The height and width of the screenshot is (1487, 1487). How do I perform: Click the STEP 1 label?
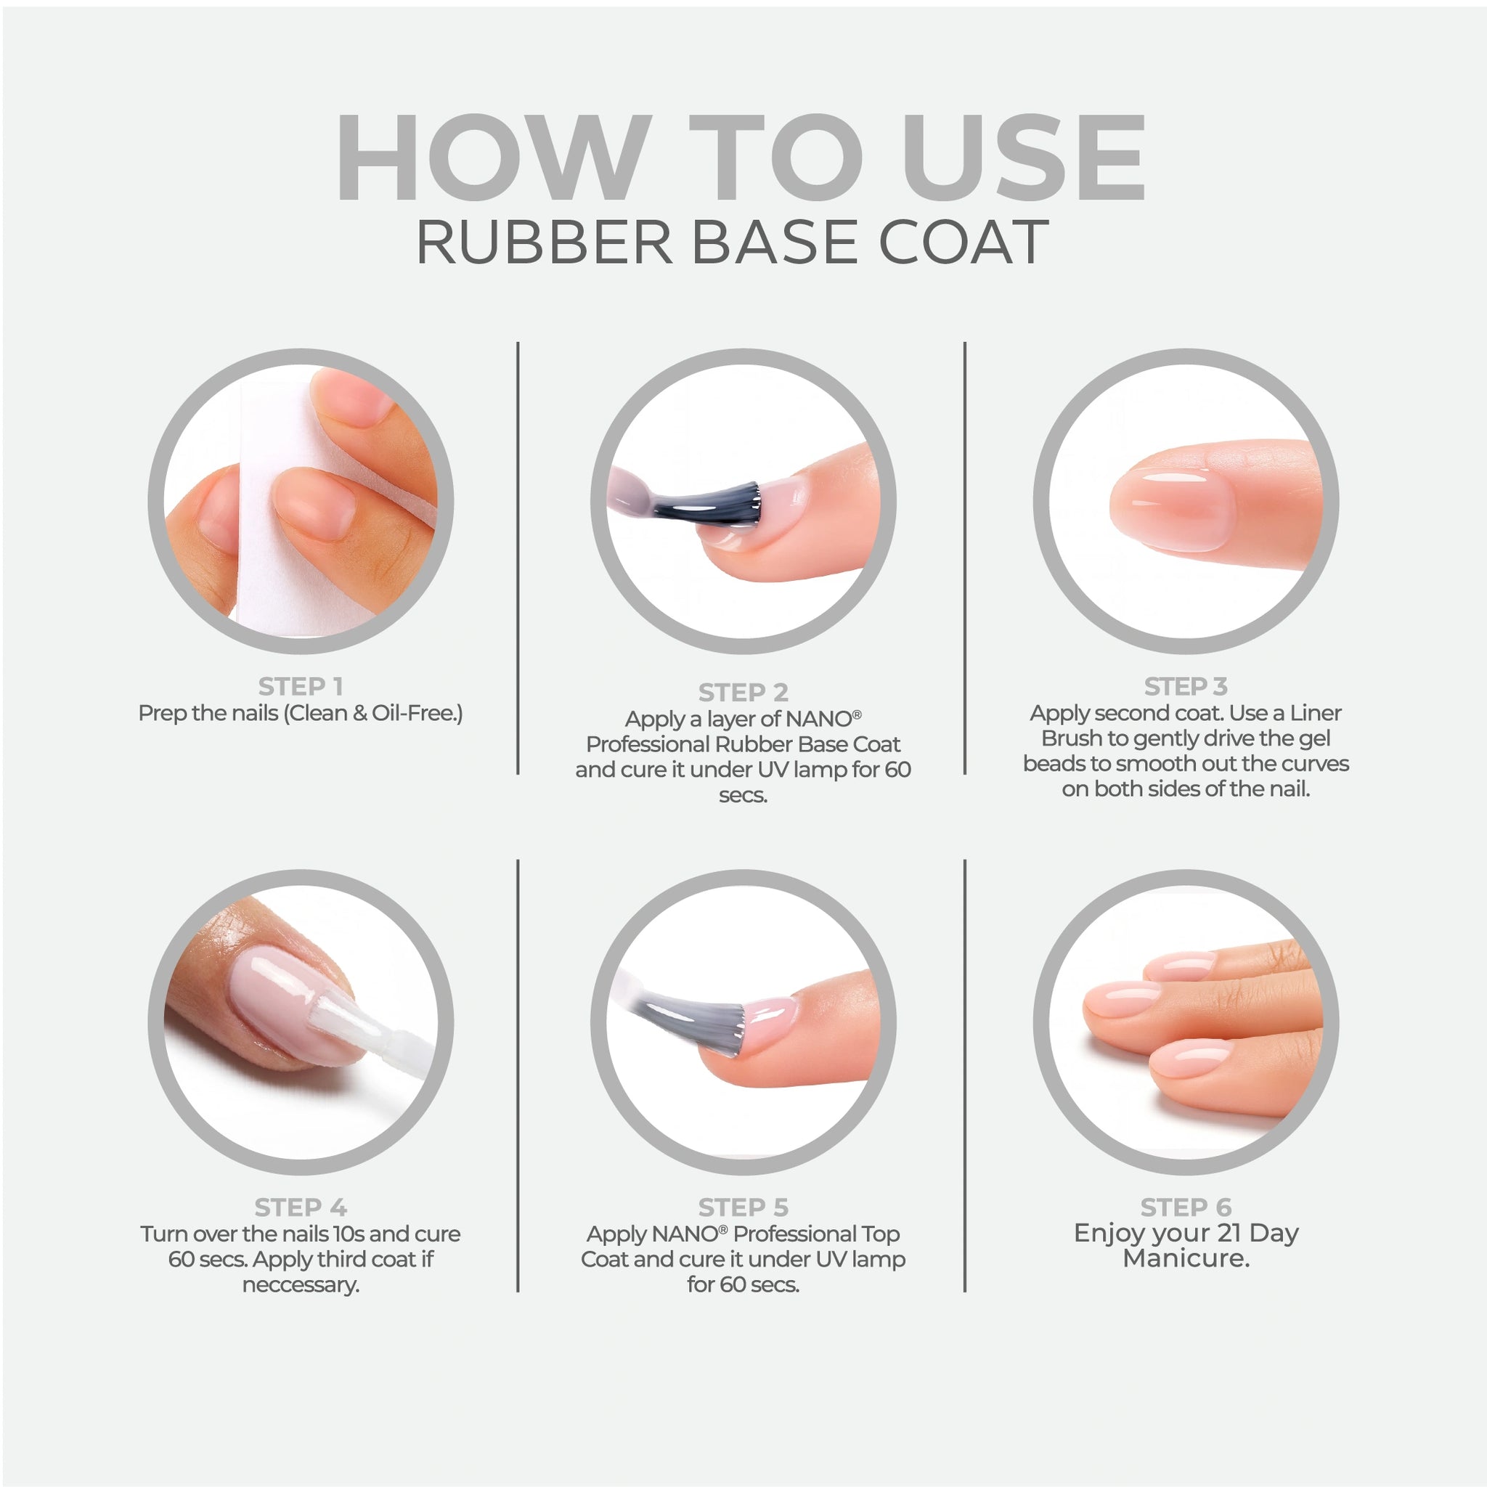pos(300,685)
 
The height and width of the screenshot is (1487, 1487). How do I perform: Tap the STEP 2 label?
pos(743,692)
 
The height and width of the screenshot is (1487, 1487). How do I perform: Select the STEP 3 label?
pos(1185,685)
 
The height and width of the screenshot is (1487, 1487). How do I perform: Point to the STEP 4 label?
pos(300,1207)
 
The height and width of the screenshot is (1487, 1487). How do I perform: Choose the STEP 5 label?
pos(743,1207)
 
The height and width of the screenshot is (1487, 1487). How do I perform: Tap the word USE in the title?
pos(1024,158)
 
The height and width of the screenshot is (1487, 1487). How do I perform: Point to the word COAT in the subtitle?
pos(964,242)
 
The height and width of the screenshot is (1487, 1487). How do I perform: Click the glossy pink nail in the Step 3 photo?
pos(1171,510)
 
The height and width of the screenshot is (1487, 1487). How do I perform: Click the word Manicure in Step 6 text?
pos(1185,1258)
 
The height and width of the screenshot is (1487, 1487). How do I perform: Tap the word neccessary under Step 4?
pos(300,1284)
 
